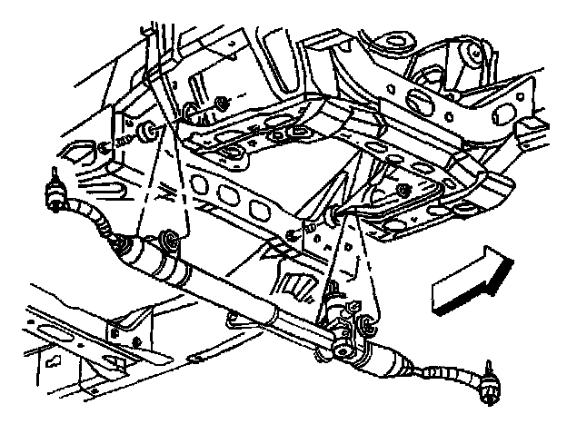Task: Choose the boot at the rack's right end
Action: pyautogui.click(x=386, y=363)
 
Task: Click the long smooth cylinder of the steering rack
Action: pyautogui.click(x=245, y=300)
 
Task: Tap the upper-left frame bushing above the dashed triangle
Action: pyautogui.click(x=150, y=131)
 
